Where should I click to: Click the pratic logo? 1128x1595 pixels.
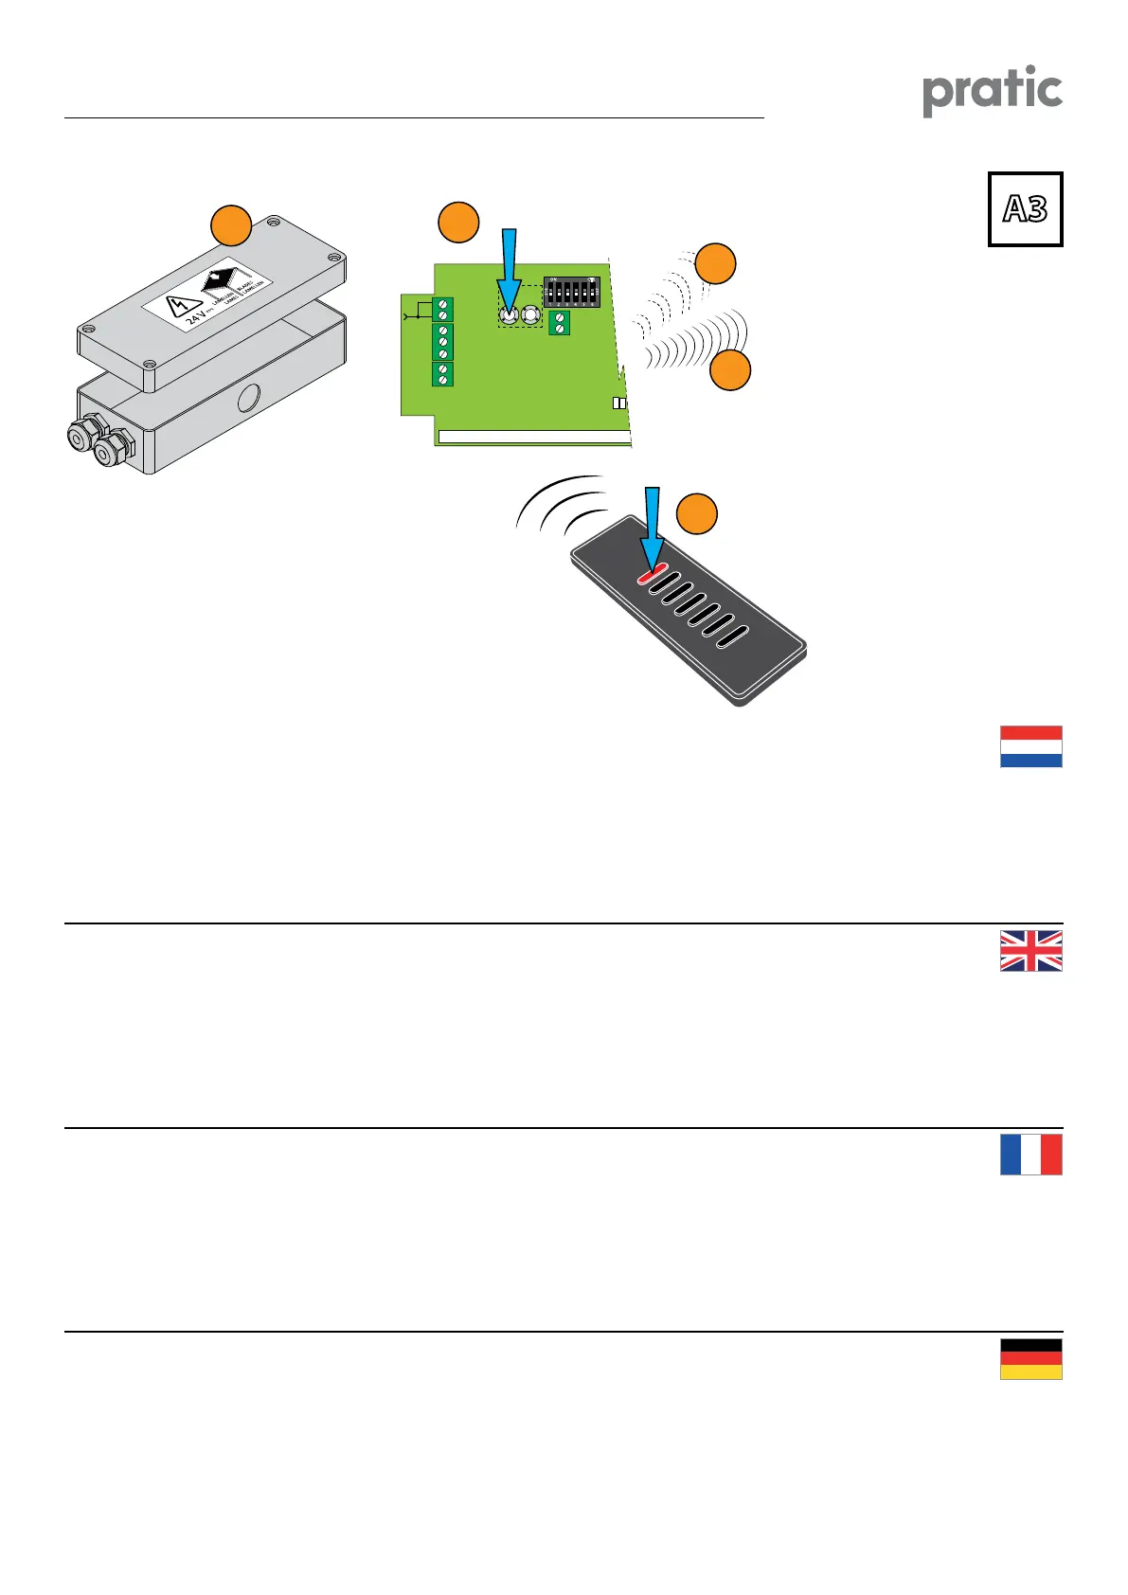pos(992,90)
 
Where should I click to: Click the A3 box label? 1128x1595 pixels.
pos(1025,209)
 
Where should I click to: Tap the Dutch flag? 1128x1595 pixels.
pos(1030,746)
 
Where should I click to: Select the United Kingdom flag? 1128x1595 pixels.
pos(1030,950)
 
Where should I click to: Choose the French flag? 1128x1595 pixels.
pos(1030,1155)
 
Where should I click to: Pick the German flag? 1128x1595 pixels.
pos(1030,1358)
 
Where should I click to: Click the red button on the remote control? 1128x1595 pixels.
pos(650,574)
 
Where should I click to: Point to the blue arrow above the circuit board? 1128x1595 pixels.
pos(510,266)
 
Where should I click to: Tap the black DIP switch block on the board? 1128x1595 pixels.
pos(571,292)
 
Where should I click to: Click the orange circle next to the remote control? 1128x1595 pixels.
pos(697,513)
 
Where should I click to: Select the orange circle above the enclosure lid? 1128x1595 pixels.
pos(230,225)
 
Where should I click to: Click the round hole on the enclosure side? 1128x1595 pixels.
pos(249,396)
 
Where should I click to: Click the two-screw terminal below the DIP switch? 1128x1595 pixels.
pos(559,322)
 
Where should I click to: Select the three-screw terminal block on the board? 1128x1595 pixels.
pos(442,342)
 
